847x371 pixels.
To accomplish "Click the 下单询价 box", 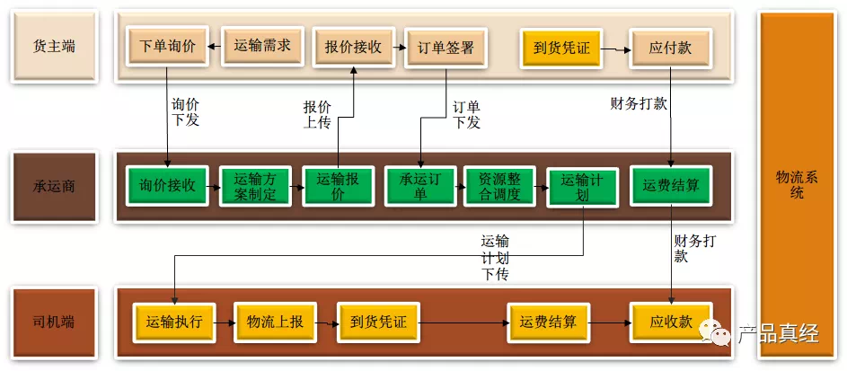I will pyautogui.click(x=167, y=45).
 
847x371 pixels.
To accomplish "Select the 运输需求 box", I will pyautogui.click(x=261, y=45).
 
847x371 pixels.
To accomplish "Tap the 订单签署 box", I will pyautogui.click(x=446, y=48).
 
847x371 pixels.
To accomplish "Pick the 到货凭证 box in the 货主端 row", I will pyautogui.click(x=560, y=48).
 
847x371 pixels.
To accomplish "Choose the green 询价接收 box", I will pyautogui.click(x=167, y=186).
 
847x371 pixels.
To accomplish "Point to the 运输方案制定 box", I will pyautogui.click(x=255, y=187).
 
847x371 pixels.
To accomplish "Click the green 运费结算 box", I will pyautogui.click(x=671, y=186).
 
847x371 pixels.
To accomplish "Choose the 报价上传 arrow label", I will pyautogui.click(x=317, y=115).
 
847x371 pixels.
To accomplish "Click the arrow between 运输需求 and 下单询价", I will pyautogui.click(x=214, y=45).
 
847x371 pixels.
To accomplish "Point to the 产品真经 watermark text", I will pyautogui.click(x=778, y=334).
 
